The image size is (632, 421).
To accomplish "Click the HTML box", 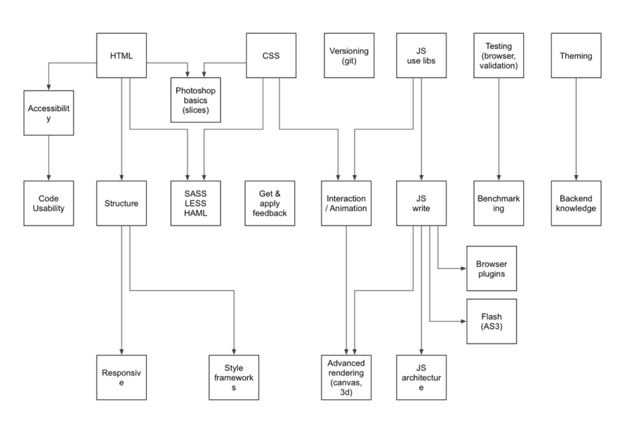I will click(x=121, y=56).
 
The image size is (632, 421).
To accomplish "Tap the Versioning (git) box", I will click(x=349, y=56).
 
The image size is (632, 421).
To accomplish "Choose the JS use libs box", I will click(x=421, y=56).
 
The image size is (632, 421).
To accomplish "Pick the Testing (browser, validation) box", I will click(x=499, y=56).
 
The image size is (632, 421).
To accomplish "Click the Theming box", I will click(x=576, y=56).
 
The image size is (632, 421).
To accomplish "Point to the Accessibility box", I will click(x=48, y=113).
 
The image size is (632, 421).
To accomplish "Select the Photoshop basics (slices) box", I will click(x=197, y=100).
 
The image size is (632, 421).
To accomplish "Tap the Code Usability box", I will click(x=48, y=203).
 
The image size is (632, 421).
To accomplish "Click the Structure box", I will click(x=121, y=203).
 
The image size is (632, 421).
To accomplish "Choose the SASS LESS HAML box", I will click(x=197, y=203).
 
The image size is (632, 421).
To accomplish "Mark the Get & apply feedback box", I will click(x=270, y=203).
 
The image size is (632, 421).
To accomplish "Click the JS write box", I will click(x=421, y=203).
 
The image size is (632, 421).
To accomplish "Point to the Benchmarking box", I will click(x=499, y=203).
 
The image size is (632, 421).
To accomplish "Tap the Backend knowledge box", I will click(x=576, y=203).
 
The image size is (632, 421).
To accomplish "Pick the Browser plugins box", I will click(x=492, y=268).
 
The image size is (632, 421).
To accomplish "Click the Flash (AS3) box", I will click(x=492, y=320).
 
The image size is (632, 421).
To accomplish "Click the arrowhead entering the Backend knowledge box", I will click(x=576, y=177).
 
